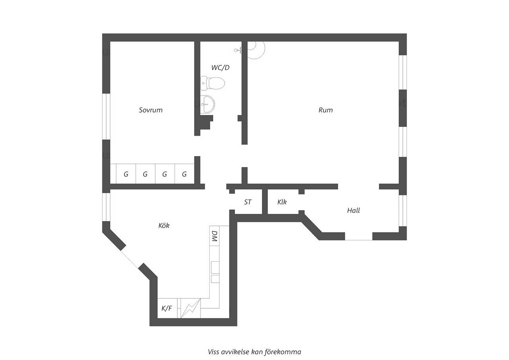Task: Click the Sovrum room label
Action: [151, 110]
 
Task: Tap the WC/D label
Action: [220, 68]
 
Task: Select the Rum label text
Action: [325, 110]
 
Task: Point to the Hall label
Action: [354, 210]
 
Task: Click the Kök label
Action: [164, 226]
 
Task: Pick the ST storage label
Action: [248, 202]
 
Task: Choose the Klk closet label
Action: [282, 202]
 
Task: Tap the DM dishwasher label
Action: [214, 236]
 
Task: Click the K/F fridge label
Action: [167, 308]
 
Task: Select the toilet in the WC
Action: [213, 83]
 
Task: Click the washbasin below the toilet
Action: [208, 104]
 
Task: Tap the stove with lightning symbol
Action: [190, 308]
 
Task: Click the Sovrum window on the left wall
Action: [106, 117]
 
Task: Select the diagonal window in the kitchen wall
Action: [129, 259]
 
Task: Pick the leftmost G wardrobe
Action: [126, 174]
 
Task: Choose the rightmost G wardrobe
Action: [184, 174]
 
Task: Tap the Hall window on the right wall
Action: [403, 210]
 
